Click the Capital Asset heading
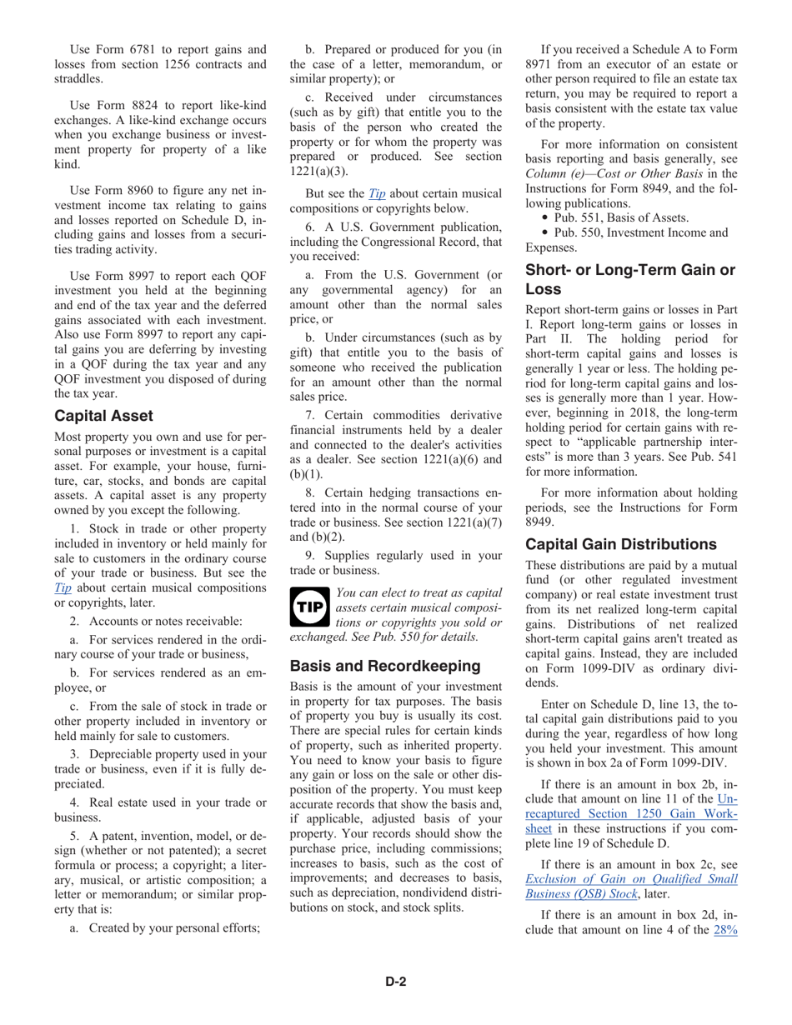click(x=103, y=416)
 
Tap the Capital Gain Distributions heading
click(x=620, y=544)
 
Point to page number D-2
click(x=395, y=981)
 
